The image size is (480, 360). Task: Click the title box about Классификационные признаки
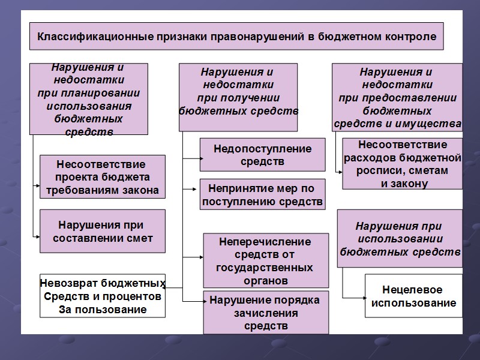pyautogui.click(x=236, y=37)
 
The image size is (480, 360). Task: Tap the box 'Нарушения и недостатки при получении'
pyautogui.click(x=238, y=97)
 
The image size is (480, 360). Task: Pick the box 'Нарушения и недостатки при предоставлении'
pyautogui.click(x=397, y=97)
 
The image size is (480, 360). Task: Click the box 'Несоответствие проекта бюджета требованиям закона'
pyautogui.click(x=102, y=177)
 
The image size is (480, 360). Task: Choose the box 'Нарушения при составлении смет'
pyautogui.click(x=102, y=232)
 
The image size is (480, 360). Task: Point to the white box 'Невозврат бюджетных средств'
pyautogui.click(x=102, y=296)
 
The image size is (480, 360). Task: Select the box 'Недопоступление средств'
pyautogui.click(x=262, y=155)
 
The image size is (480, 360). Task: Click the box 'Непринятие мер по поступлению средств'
pyautogui.click(x=262, y=194)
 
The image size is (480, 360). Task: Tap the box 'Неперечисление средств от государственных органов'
pyautogui.click(x=266, y=260)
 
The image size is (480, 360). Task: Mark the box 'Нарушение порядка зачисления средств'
pyautogui.click(x=266, y=313)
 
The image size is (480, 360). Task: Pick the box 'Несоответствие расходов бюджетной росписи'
pyautogui.click(x=402, y=164)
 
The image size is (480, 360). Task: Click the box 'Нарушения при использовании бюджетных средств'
pyautogui.click(x=400, y=239)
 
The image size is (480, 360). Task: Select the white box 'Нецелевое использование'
pyautogui.click(x=413, y=296)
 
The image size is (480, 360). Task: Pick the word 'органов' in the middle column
pyautogui.click(x=266, y=280)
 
